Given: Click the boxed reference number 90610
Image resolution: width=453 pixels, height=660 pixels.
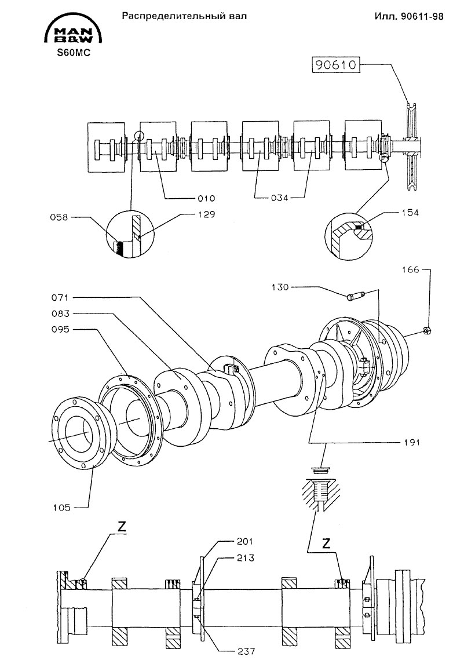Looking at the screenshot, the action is coord(335,65).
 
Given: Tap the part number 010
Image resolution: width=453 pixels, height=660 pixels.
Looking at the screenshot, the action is coord(207,198).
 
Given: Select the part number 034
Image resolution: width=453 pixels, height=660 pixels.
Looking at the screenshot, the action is coord(280,198).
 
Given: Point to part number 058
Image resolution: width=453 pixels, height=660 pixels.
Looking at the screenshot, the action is coord(59,217).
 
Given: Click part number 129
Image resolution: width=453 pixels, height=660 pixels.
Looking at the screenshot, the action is coord(207,214).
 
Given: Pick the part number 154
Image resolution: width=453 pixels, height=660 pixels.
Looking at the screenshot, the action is coord(410,213).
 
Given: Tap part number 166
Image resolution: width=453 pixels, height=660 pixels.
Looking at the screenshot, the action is coord(411,269).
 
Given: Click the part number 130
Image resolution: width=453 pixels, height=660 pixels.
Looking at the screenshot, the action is coord(280,287).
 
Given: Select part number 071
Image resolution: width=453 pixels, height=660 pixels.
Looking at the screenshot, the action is coord(61,298).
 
